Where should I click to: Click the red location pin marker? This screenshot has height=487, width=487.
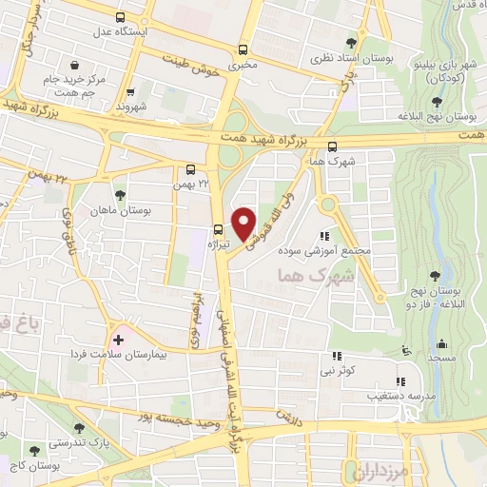[244, 223]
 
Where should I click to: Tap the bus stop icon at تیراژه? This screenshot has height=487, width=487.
[219, 228]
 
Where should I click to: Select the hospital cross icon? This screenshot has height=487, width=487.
[118, 339]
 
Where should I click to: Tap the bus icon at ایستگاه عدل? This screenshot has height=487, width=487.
[119, 18]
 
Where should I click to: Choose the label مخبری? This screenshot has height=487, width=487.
[243, 67]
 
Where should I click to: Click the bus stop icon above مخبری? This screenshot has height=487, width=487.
[243, 50]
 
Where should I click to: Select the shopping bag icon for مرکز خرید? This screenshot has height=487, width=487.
[46, 80]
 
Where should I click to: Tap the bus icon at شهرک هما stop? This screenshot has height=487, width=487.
[332, 146]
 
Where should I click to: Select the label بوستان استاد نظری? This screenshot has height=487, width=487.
[353, 57]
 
